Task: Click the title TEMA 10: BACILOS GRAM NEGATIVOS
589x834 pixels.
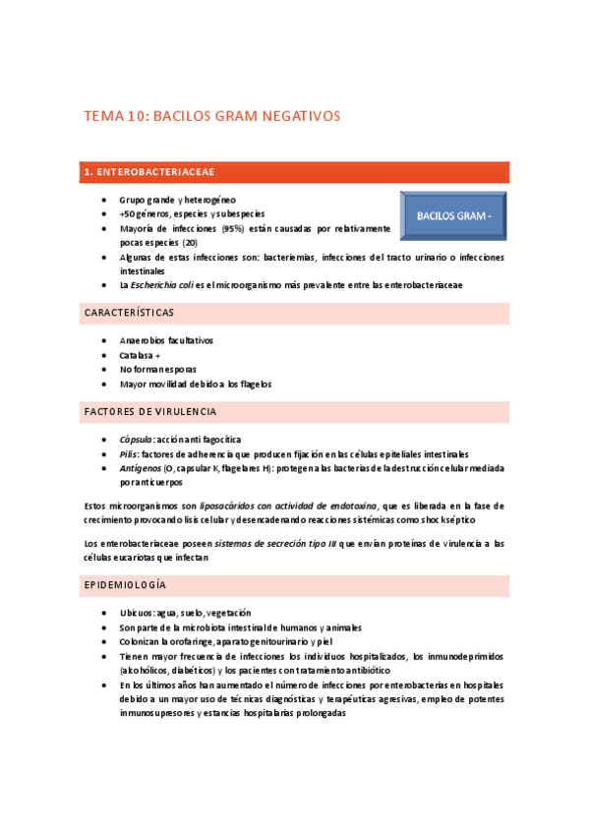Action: point(211,116)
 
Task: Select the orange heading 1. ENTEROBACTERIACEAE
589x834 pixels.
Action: point(149,172)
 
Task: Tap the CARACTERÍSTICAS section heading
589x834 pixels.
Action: point(129,313)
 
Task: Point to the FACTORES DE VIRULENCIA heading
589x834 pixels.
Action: point(150,411)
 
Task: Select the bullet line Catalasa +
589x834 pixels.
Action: point(140,355)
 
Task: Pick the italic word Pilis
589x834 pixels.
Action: point(130,454)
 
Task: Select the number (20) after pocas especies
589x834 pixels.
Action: point(189,242)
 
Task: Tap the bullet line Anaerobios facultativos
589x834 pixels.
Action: point(166,340)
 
